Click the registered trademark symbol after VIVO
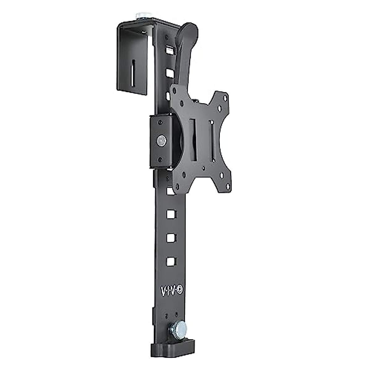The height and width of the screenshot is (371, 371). click(x=180, y=290)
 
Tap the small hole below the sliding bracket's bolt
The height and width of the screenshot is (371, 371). click(x=161, y=160)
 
